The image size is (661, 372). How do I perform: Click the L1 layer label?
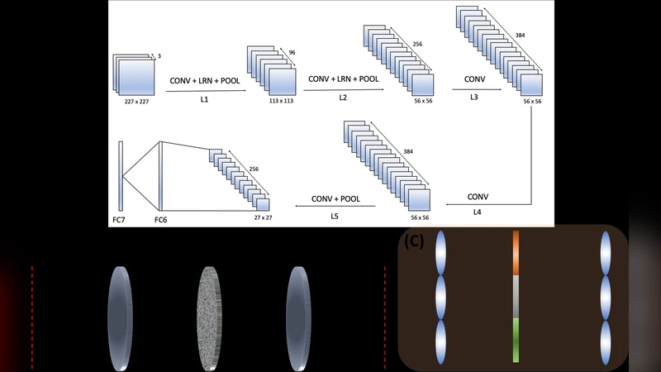tap(205, 98)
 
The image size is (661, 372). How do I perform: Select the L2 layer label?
tap(343, 98)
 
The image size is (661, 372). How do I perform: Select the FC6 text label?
tap(160, 220)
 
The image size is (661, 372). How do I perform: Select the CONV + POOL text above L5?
tap(335, 199)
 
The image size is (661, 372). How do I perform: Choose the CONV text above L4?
tap(478, 197)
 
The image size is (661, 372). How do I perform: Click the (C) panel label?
tap(413, 242)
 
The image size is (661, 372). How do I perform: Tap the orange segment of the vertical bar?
tap(516, 253)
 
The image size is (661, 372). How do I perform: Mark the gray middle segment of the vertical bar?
tap(516, 299)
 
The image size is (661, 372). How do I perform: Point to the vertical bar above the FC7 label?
tap(121, 175)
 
